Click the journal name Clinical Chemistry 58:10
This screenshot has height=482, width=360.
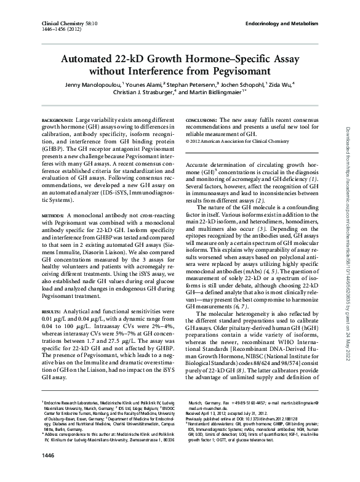pyautogui.click(x=48, y=22)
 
